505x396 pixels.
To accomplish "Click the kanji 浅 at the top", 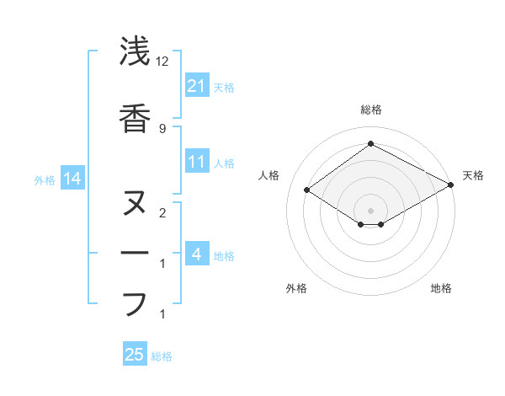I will tap(134, 52).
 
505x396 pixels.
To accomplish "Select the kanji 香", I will tap(134, 118).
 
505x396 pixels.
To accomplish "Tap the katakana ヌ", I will tap(134, 203).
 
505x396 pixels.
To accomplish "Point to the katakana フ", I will tap(134, 303).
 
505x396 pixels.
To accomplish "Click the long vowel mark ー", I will tap(134, 253).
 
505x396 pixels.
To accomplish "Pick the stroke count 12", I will tap(163, 62).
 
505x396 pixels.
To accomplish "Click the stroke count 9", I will tap(162, 128).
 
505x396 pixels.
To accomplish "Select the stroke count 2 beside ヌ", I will tap(162, 212).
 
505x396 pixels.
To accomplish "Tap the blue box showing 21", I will tap(197, 85).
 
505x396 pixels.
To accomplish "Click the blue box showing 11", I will tap(197, 162).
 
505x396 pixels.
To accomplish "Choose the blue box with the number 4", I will tap(197, 254).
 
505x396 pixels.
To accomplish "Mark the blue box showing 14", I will tap(72, 179).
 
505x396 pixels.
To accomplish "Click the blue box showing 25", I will tap(135, 356).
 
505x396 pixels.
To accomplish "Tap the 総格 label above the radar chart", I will tap(371, 110).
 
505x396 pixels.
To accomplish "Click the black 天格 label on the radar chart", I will tap(474, 175).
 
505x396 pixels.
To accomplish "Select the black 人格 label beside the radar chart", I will tap(268, 175).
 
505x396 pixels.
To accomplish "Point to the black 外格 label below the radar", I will tap(296, 288).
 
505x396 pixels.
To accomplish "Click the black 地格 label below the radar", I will tap(441, 288).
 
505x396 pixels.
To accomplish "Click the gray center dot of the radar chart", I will tap(370, 209).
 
